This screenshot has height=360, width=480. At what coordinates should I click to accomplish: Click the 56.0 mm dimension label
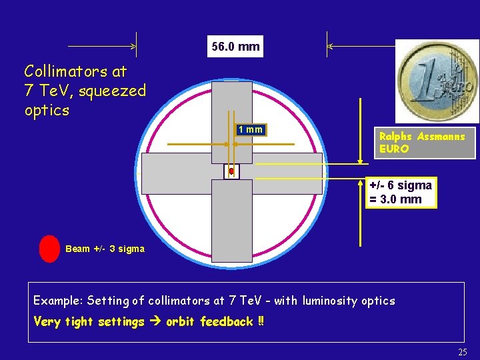click(235, 47)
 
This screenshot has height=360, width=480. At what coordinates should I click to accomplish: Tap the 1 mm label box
click(251, 129)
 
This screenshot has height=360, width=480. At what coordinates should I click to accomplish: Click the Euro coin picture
click(437, 81)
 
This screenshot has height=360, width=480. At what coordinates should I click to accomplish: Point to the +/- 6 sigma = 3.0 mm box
click(401, 193)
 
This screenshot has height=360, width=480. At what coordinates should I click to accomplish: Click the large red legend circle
click(50, 249)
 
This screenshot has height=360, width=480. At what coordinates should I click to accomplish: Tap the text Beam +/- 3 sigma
click(105, 249)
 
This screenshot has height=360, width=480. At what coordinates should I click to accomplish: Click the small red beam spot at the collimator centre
click(231, 171)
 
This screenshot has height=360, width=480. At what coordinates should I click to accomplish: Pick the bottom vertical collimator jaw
click(231, 220)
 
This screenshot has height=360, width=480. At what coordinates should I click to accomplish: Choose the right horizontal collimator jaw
click(283, 173)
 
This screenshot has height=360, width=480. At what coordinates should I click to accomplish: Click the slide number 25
click(463, 352)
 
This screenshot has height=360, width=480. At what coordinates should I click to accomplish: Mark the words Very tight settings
click(89, 322)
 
